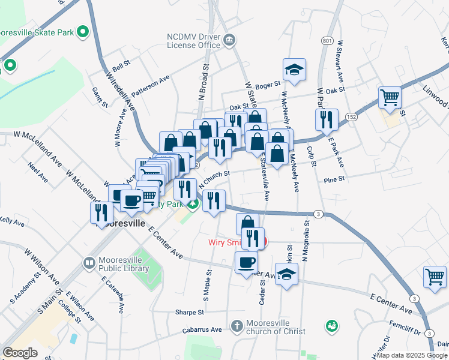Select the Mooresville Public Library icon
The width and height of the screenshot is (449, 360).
pyautogui.click(x=89, y=263)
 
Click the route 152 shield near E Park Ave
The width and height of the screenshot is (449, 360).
pyautogui.click(x=351, y=117)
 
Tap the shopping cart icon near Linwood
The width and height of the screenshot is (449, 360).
pyautogui.click(x=390, y=98)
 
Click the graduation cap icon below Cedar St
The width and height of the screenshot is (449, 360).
pyautogui.click(x=287, y=275)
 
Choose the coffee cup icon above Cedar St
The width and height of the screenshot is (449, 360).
pyautogui.click(x=246, y=263)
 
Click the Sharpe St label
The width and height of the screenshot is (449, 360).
pyautogui.click(x=190, y=312)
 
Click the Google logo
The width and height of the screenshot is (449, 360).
pyautogui.click(x=20, y=353)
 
